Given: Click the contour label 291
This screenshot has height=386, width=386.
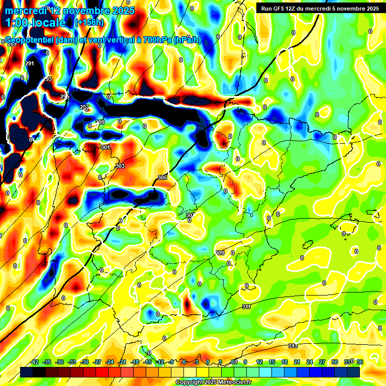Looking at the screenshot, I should click(x=30, y=63).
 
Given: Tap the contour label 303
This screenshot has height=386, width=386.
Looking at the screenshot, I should click(x=120, y=166).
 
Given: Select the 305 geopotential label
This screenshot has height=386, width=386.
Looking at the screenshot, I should click(x=162, y=177).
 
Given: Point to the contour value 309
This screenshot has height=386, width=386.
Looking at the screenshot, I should click(x=220, y=252).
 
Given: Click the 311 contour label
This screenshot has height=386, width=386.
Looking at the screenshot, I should click(x=246, y=307).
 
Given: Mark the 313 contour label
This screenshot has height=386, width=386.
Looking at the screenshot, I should click(x=293, y=346).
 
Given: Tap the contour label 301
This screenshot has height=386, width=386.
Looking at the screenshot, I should click(x=105, y=147).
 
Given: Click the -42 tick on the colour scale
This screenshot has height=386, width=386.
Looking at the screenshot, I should click(x=35, y=362).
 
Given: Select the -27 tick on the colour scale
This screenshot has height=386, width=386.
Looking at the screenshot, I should click(x=98, y=362).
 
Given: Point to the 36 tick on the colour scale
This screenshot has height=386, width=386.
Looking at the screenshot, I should click(x=359, y=362).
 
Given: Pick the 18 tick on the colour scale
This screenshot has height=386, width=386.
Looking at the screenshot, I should click(x=284, y=362).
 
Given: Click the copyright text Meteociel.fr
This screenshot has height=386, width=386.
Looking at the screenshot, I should click(x=213, y=382).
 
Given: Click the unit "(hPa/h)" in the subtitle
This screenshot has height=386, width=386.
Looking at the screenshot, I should click(x=187, y=40).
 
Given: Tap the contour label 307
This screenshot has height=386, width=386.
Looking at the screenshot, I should click(x=189, y=215).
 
